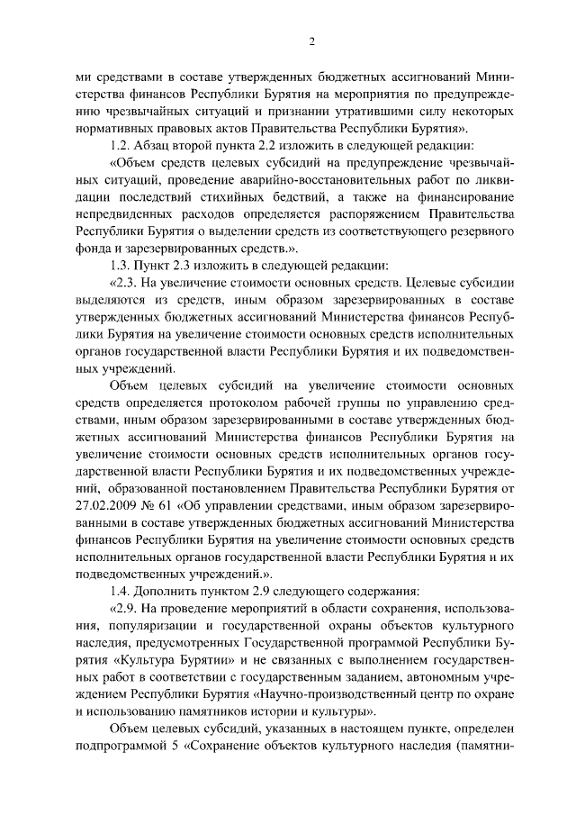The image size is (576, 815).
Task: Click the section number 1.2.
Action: [x=119, y=146]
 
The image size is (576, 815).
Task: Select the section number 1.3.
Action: [x=119, y=265]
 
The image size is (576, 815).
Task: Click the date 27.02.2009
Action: [x=105, y=506]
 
